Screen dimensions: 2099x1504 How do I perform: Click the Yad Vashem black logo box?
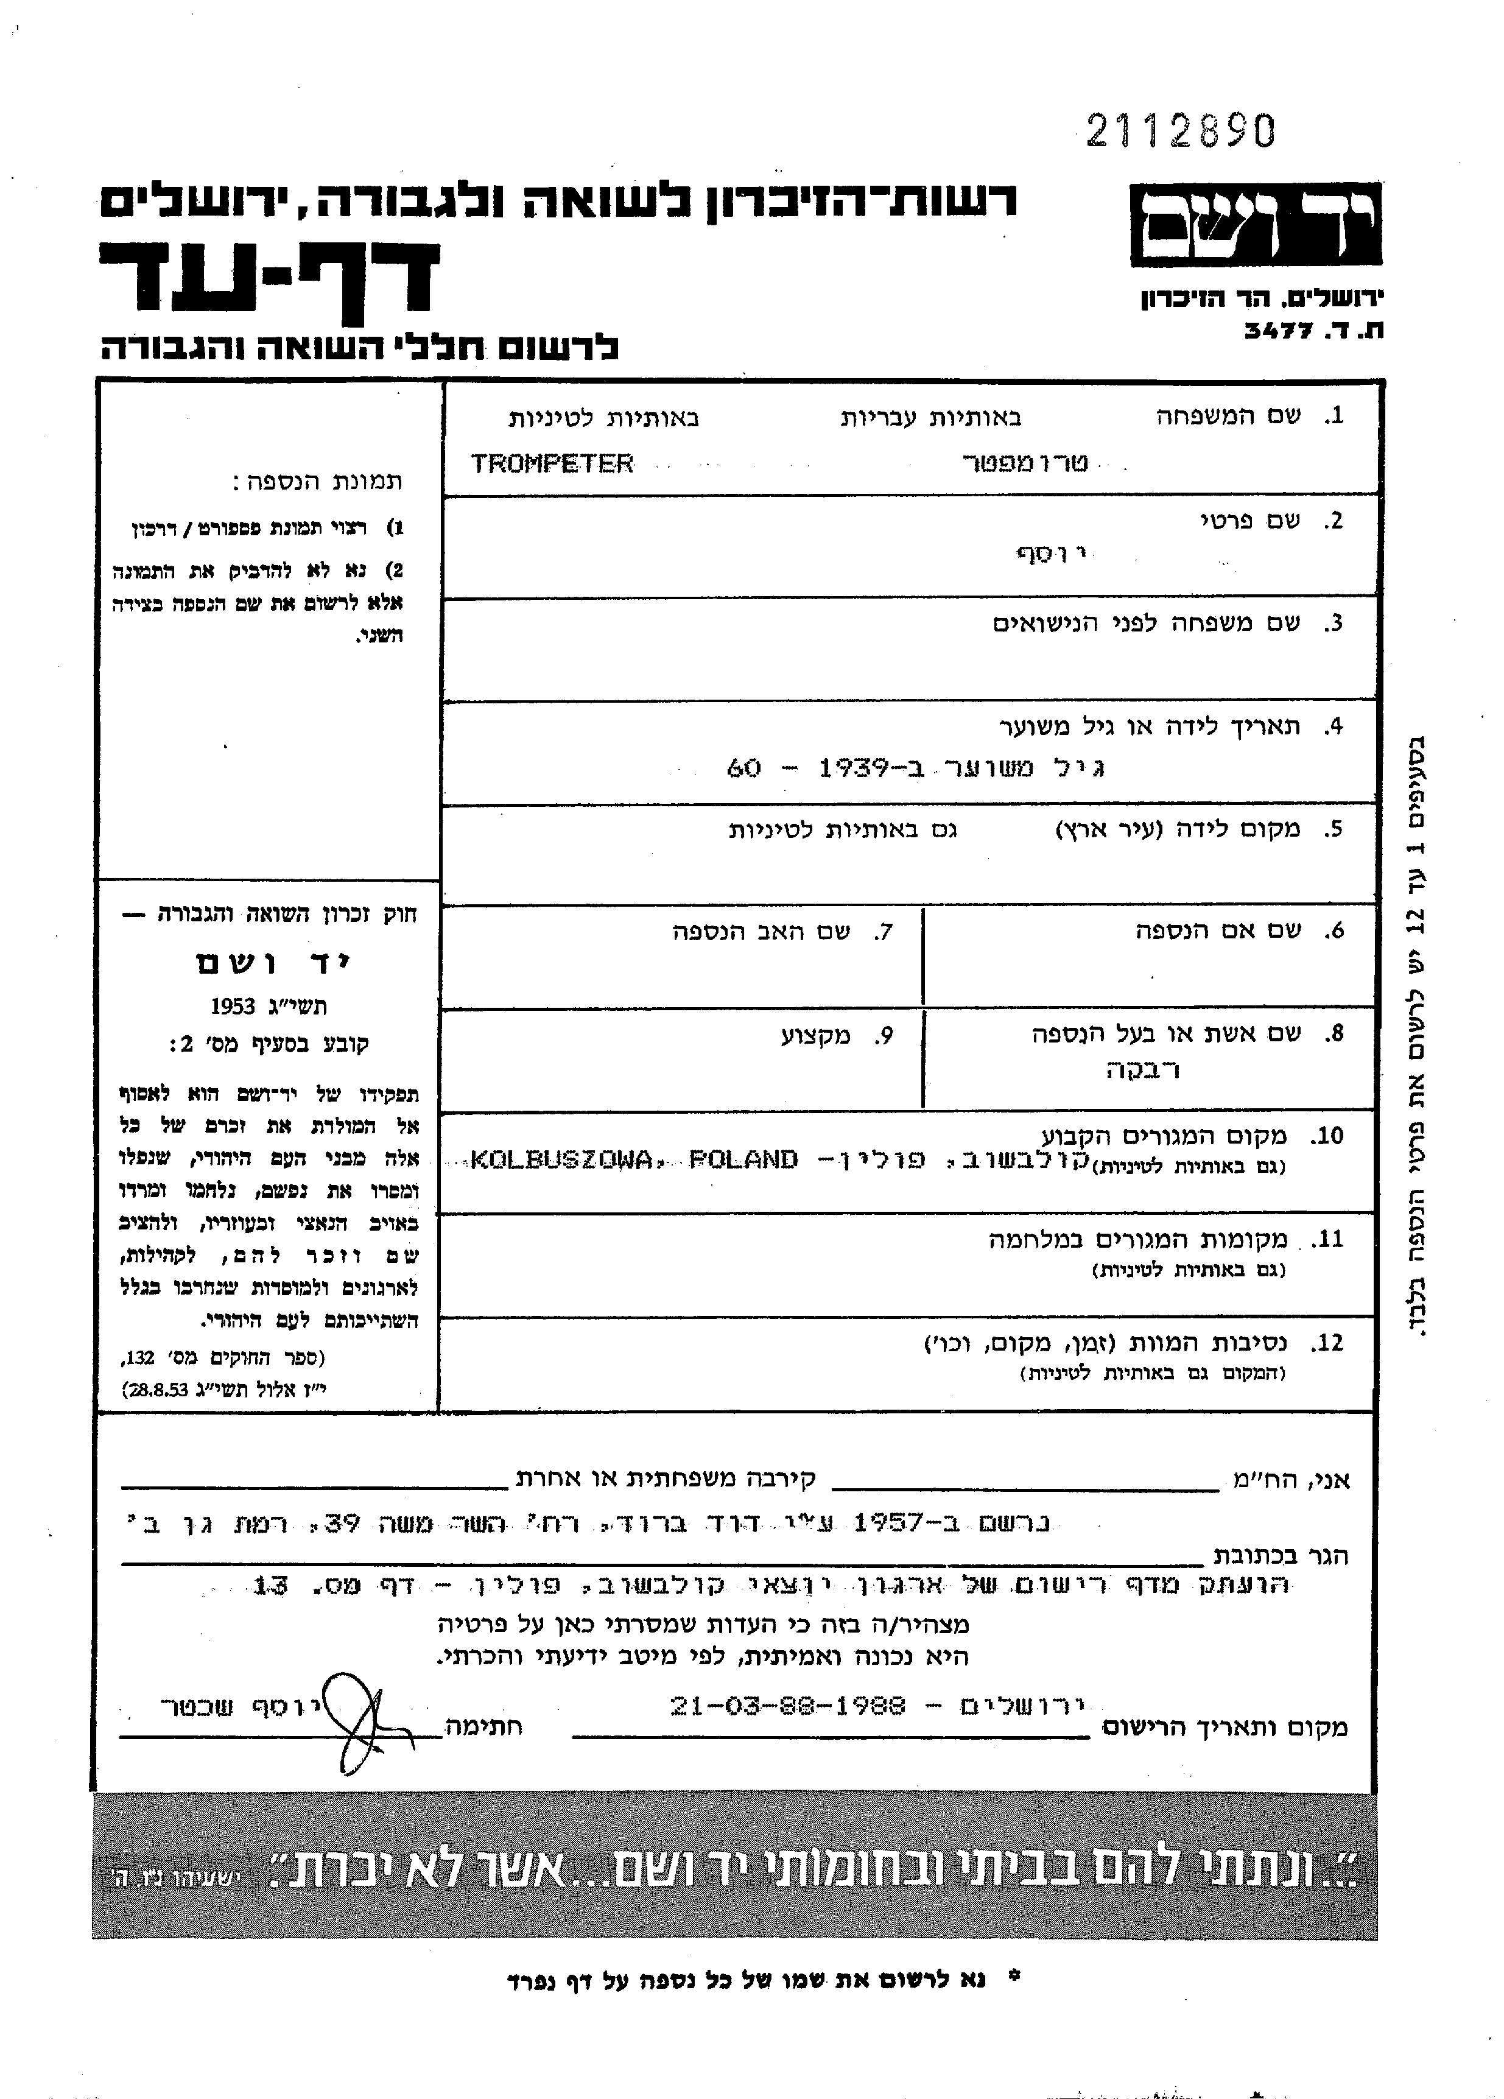tap(1254, 225)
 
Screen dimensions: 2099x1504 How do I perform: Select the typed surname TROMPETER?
tap(552, 463)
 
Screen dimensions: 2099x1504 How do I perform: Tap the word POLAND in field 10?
tap(743, 1159)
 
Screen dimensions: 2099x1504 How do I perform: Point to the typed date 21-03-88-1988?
tap(788, 1706)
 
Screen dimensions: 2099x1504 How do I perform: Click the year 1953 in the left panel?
tap(233, 1006)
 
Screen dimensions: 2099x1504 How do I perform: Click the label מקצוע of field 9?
tap(815, 1036)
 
